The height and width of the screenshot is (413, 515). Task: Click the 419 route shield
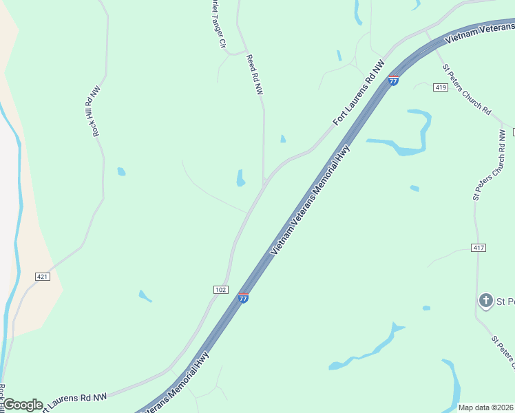441,87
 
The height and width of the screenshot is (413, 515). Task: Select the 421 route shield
43,277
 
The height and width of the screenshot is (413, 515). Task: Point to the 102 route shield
220,290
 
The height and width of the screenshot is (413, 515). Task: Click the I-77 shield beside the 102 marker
243,297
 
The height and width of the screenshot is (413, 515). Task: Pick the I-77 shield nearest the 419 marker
393,80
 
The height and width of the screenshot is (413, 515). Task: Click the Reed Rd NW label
255,75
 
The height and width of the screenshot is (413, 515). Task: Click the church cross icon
485,300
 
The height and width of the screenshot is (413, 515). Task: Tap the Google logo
23,405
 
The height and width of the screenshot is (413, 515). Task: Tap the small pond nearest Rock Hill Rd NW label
121,171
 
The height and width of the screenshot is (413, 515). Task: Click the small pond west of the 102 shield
145,296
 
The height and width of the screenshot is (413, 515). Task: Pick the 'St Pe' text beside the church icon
506,301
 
